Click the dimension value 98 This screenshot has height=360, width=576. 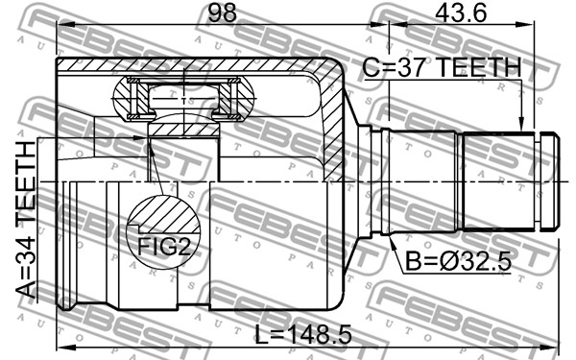pyautogui.click(x=223, y=12)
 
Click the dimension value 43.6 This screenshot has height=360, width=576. pyautogui.click(x=462, y=12)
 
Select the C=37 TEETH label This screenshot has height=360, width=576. pyautogui.click(x=442, y=67)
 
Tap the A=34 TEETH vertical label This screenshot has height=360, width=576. pyautogui.click(x=26, y=219)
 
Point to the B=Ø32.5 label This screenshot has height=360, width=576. pyautogui.click(x=458, y=262)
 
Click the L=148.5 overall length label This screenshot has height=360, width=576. pyautogui.click(x=303, y=334)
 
